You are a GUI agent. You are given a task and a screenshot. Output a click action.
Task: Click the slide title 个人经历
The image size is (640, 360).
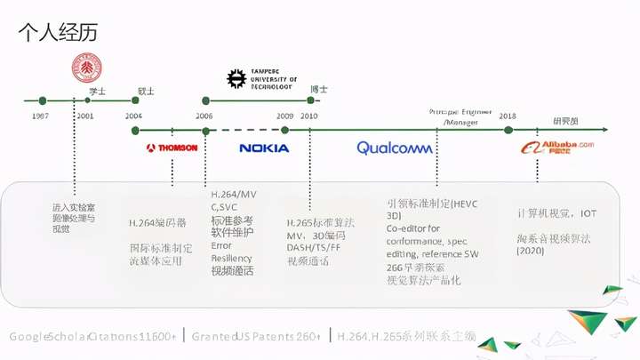[58, 33]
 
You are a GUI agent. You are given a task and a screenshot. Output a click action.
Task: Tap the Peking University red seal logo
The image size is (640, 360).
[86, 68]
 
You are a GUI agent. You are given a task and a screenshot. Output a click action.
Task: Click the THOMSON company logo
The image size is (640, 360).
[172, 148]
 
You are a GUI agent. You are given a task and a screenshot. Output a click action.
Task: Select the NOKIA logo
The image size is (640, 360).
[264, 148]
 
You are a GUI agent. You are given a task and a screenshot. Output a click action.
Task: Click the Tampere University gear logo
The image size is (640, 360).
[236, 79]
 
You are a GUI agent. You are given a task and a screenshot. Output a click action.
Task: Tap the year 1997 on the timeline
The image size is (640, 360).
[40, 116]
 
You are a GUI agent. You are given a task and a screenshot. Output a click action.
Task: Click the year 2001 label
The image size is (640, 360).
[85, 116]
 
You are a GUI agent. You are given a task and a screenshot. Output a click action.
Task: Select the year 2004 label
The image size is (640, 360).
[133, 116]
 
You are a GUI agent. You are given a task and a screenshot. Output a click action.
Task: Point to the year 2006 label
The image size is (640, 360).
[204, 116]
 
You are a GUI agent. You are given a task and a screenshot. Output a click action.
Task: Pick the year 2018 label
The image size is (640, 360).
[508, 116]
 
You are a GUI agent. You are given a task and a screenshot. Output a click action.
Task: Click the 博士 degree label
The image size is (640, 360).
[318, 89]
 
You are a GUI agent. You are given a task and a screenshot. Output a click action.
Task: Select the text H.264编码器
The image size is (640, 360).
[157, 223]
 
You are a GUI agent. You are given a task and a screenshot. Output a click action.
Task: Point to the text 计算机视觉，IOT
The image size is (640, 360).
[556, 213]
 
